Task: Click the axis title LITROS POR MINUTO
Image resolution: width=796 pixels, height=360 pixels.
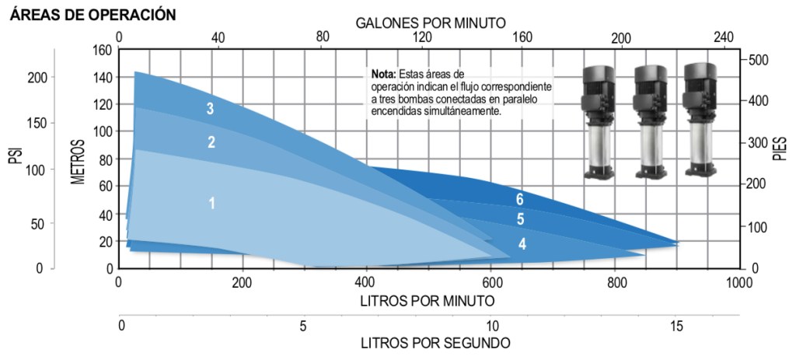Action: point(427,299)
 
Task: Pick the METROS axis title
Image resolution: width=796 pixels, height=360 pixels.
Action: point(78,162)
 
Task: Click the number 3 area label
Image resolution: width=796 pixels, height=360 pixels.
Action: point(210,109)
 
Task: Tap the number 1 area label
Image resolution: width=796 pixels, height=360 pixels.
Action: point(211,203)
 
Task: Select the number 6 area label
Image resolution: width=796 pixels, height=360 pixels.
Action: point(519,199)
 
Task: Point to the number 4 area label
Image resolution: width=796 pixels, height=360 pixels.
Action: point(522,244)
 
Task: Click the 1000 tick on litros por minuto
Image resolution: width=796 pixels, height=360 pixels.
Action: point(738,281)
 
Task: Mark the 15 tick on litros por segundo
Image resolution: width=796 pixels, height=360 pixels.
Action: point(676,327)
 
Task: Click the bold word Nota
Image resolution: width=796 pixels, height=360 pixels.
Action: point(383,73)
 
